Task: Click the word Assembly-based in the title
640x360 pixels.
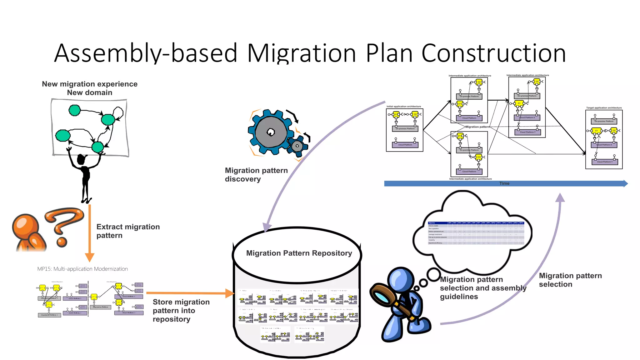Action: (x=146, y=53)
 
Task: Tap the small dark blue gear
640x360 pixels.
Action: (x=297, y=146)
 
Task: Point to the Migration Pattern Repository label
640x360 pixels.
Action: (x=299, y=253)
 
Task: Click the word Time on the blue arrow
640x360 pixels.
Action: (x=504, y=183)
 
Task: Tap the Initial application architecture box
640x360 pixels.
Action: (x=405, y=130)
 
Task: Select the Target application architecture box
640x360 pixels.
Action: (x=604, y=139)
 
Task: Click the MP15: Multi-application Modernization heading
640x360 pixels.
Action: (x=82, y=269)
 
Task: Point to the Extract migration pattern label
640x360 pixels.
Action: (x=128, y=231)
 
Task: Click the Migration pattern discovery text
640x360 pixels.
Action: (x=256, y=175)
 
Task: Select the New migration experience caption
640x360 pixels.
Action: (x=90, y=84)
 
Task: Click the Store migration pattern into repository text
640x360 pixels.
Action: (x=181, y=310)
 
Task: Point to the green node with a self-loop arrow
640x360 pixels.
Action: (x=108, y=119)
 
